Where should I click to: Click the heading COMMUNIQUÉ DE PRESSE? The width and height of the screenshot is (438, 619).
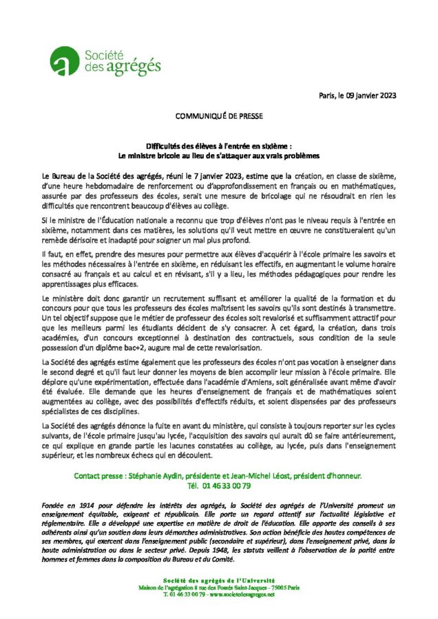(x=218, y=118)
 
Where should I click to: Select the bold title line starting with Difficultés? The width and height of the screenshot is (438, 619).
(x=218, y=146)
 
